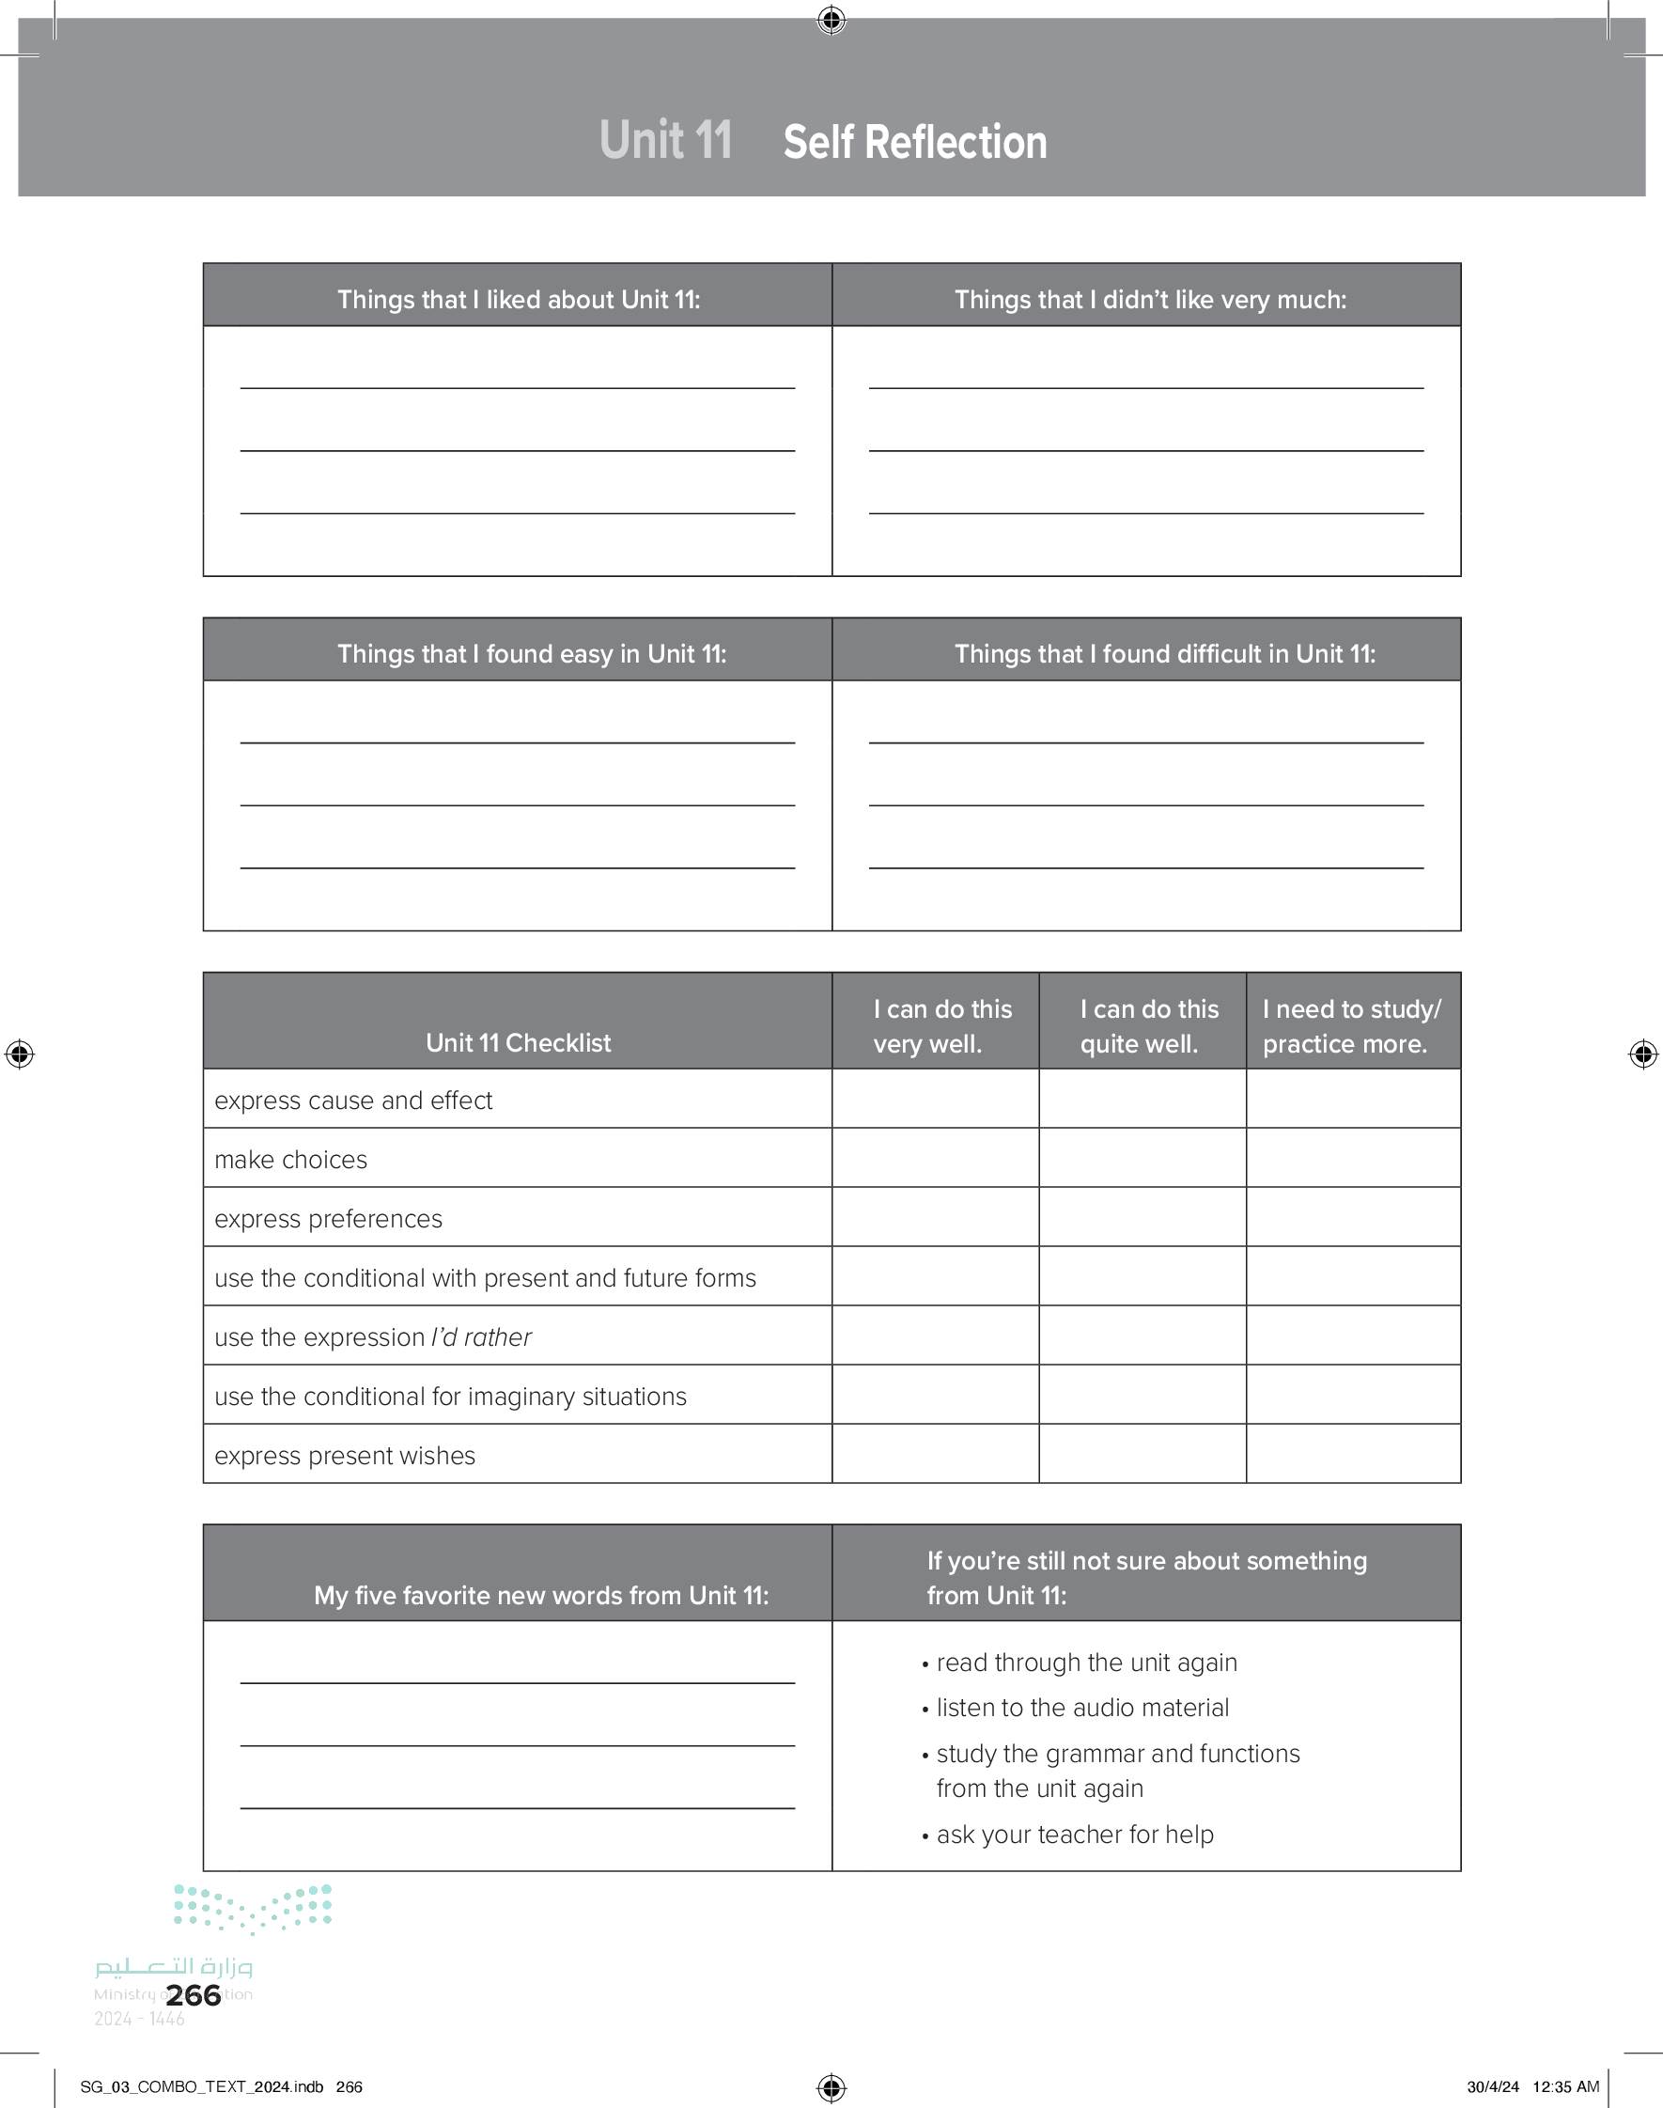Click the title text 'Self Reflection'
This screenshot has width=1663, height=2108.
(914, 142)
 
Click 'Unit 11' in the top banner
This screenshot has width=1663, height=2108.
(665, 140)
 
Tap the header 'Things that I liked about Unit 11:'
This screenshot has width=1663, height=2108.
(518, 300)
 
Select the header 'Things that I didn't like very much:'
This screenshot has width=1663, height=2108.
(1150, 300)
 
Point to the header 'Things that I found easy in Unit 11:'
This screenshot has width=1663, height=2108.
(532, 654)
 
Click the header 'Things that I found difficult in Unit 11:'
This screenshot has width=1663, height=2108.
(1164, 654)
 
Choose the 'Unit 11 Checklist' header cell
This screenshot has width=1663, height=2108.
(518, 1043)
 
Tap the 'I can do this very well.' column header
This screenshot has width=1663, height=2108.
(941, 1026)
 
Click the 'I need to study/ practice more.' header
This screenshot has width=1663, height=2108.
(1351, 1026)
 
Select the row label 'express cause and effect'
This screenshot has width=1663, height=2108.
(353, 1101)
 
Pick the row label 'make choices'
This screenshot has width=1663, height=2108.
(291, 1160)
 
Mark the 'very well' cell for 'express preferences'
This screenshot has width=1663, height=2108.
(935, 1217)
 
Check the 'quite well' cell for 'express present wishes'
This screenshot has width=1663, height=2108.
(1142, 1454)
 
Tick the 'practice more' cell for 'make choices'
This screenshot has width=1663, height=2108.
(1352, 1158)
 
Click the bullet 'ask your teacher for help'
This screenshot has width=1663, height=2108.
(1075, 1835)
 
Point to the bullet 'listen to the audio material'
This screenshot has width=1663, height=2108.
(1081, 1708)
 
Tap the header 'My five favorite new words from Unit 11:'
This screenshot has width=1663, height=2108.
(540, 1595)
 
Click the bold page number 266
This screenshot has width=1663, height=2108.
(194, 1995)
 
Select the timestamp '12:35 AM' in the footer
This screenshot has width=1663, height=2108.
(1565, 2086)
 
